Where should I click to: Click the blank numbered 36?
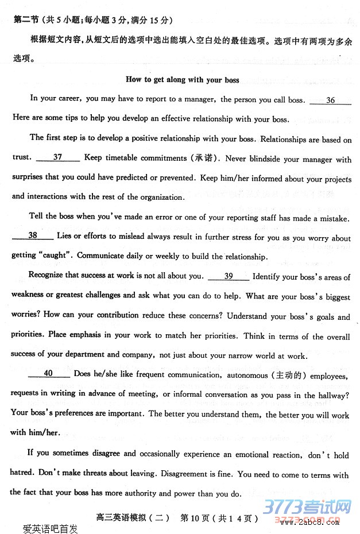pos(330,100)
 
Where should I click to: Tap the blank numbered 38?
pos(33,235)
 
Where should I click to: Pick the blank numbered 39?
pos(229,276)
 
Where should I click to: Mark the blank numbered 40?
pos(48,374)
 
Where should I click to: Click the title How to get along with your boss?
pos(182,79)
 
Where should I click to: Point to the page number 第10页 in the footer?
pos(195,518)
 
